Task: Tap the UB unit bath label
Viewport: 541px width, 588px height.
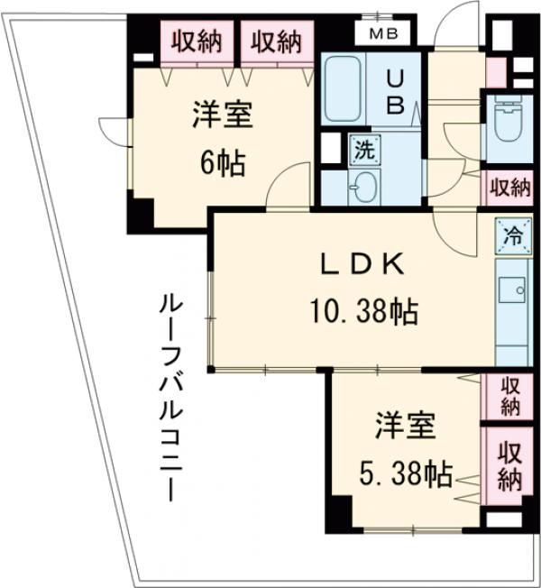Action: [395, 91]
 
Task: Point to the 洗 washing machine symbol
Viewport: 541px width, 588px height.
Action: [361, 149]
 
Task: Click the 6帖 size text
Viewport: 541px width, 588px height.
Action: [222, 164]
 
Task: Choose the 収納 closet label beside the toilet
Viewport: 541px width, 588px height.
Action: [509, 187]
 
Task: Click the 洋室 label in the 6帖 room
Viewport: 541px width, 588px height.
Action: [222, 115]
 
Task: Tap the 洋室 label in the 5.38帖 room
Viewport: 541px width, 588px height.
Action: [406, 424]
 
